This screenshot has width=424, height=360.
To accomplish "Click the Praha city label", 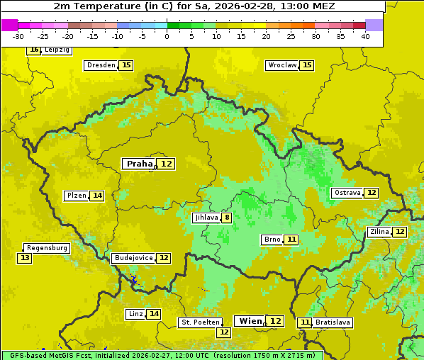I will coord(139,164).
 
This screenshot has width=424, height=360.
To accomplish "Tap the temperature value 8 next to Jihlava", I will coord(227,218).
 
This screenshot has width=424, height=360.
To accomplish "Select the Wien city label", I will coord(250,321).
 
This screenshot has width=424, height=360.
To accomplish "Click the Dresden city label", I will coord(101,65).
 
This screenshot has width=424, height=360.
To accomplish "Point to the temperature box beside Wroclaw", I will coord(306,65).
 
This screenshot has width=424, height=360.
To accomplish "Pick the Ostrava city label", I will coord(347,193).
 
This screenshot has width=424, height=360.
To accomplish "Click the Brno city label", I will coord(272,240).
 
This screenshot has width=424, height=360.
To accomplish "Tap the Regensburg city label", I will coord(47,248).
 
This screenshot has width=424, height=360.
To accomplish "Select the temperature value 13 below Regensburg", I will coord(25,258).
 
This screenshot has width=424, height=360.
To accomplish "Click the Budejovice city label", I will coord(133,258).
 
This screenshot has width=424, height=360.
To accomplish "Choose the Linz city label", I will coord(135,314).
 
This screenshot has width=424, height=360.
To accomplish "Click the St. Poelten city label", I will coord(200,322).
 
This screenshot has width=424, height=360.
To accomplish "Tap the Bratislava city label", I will coord(333,322).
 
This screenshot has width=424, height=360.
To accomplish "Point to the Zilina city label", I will coord(379,232).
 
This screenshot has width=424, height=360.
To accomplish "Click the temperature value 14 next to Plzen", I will coord(97,196).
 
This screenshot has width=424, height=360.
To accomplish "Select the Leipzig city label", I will coord(56,50).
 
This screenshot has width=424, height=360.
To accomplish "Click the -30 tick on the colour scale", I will coord(19,36).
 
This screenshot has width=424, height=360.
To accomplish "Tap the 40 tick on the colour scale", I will coord(365,36).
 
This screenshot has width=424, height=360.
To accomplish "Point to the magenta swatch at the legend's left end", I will coord(9,25).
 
